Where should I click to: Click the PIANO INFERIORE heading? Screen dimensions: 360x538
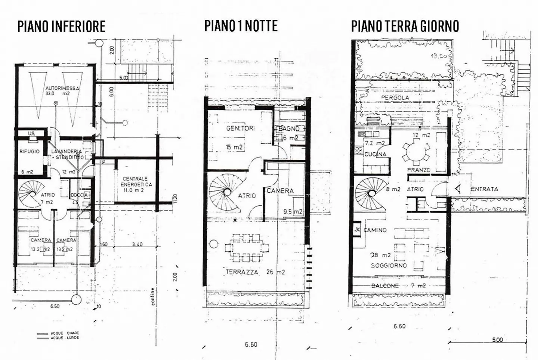(x=61, y=27)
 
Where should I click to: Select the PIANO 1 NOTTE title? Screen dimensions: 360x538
(x=241, y=26)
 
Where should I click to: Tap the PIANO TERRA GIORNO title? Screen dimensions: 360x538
(x=405, y=26)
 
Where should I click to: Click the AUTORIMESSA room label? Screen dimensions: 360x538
(x=62, y=89)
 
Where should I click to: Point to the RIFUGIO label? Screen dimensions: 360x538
(x=29, y=151)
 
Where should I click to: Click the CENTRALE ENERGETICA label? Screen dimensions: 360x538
(x=135, y=181)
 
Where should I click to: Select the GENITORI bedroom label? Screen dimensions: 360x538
(x=240, y=128)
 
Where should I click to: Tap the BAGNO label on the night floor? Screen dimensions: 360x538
(x=289, y=128)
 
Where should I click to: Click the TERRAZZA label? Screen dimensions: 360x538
(x=242, y=272)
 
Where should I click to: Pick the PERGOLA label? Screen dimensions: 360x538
(x=395, y=97)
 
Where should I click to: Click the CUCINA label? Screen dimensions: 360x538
(x=375, y=154)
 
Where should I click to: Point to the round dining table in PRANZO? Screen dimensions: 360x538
(x=415, y=151)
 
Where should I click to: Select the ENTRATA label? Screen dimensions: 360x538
(x=484, y=189)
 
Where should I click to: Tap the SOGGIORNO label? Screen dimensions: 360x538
(x=389, y=266)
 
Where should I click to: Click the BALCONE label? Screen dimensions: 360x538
(x=385, y=286)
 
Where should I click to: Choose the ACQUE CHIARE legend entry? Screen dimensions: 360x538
(x=65, y=333)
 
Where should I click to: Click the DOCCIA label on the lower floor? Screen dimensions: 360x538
(x=79, y=195)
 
